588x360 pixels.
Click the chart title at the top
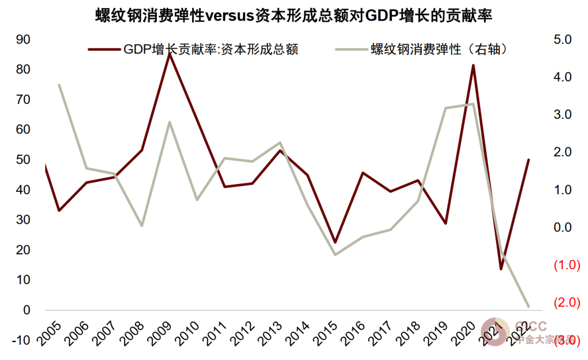294,16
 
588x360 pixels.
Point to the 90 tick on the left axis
23,40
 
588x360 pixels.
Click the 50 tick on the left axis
23,161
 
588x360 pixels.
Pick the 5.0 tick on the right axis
562,40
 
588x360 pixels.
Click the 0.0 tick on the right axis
562,228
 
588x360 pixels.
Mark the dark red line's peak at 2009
169,54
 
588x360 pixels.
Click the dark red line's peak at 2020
473,65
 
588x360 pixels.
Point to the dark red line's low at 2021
501,269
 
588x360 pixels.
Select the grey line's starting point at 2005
58,84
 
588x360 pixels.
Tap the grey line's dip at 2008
142,225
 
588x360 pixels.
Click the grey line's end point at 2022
529,307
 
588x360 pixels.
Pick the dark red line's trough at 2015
335,242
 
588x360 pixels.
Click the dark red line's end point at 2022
529,160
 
